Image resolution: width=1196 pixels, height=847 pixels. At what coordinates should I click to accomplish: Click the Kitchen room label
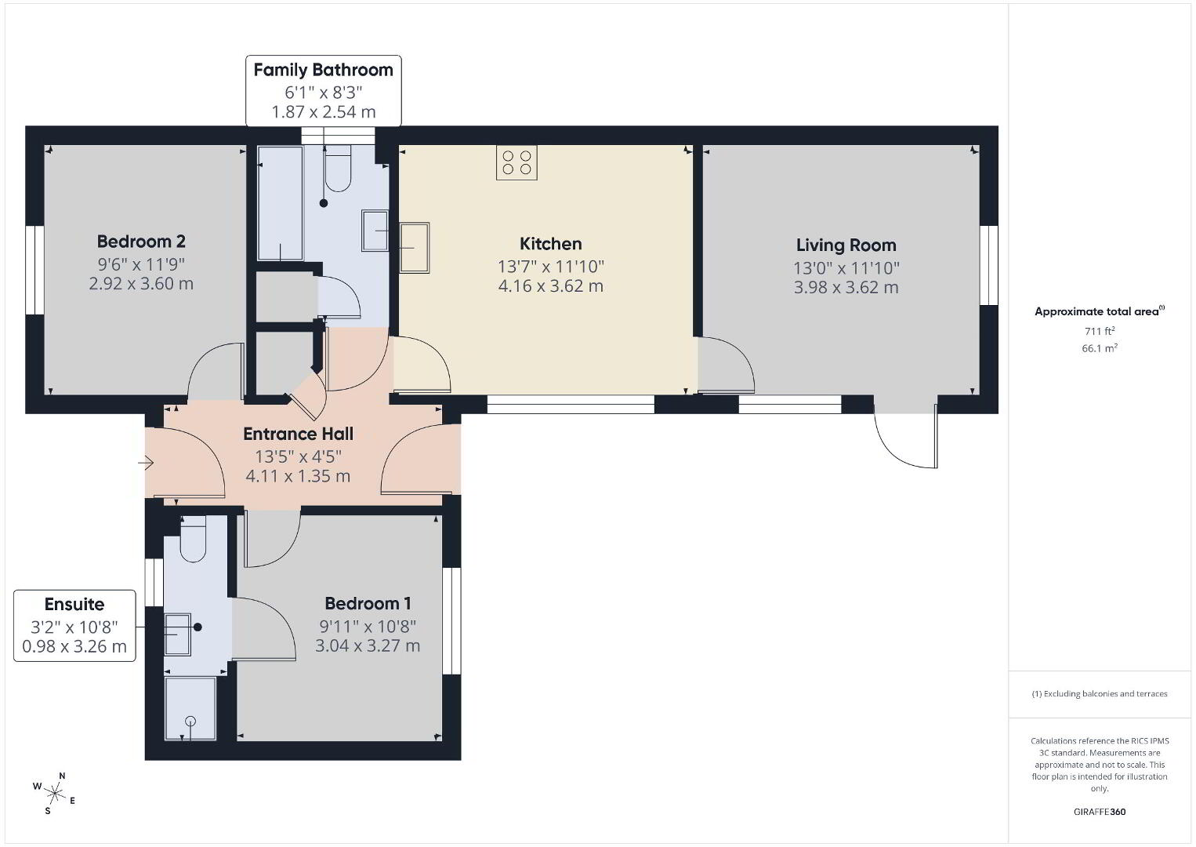tap(550, 244)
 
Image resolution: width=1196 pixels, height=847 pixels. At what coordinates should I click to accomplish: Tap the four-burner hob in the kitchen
tap(516, 162)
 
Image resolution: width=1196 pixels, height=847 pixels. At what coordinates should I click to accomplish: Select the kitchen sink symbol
tap(415, 247)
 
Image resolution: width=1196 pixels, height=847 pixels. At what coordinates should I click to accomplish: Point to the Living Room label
tap(846, 245)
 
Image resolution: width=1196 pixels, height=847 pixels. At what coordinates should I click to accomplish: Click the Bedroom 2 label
tap(141, 242)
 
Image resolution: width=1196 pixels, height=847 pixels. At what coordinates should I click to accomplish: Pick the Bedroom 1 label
tap(368, 603)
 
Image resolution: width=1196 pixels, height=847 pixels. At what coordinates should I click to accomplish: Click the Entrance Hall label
tap(298, 434)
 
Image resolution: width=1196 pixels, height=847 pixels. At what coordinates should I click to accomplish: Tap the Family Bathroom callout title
tap(323, 70)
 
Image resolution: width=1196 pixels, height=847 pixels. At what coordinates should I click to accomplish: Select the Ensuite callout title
tap(74, 605)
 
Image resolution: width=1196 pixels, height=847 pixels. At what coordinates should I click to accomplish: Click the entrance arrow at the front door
tap(146, 463)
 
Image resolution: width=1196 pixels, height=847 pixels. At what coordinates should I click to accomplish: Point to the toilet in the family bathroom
tap(338, 168)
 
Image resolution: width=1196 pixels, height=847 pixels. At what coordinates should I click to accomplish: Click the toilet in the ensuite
tap(193, 539)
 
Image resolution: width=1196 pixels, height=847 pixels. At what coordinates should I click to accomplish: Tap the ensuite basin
tap(177, 634)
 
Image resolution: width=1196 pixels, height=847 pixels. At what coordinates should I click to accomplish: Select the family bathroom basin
tap(375, 231)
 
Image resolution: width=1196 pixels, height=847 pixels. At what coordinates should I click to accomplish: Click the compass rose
tap(54, 794)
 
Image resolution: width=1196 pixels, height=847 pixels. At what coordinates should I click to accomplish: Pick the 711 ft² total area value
tap(1100, 331)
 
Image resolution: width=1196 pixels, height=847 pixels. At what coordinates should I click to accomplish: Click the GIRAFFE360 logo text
tap(1100, 812)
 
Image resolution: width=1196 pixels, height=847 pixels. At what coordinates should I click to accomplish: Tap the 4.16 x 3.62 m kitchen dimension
tap(550, 286)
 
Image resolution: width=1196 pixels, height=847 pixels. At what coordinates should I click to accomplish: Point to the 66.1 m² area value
tap(1100, 348)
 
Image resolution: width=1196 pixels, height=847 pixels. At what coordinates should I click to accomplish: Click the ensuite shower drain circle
tap(190, 722)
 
